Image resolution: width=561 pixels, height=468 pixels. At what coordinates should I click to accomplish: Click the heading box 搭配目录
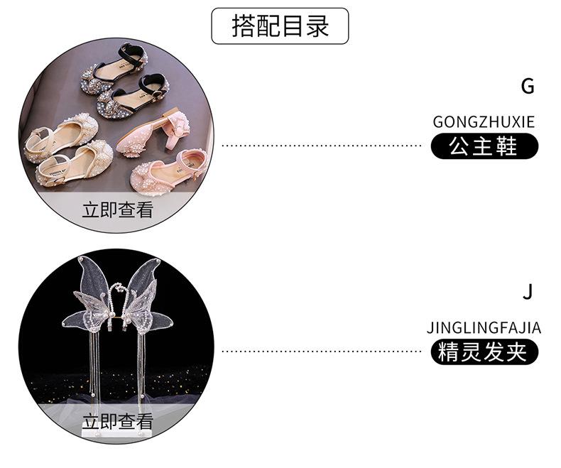point(280,26)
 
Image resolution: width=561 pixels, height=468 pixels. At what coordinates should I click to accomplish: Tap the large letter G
point(527,87)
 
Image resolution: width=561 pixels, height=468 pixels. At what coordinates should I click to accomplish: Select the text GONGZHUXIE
point(484,122)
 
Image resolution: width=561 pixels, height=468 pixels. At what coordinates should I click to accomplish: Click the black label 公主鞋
point(484,147)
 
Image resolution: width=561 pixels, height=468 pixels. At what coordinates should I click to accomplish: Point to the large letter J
point(527,292)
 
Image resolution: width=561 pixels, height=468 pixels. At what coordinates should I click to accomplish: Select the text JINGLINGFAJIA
point(484,328)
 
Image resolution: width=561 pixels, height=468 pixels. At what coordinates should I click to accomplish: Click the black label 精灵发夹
point(484,352)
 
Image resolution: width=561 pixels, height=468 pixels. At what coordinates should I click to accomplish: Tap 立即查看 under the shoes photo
point(118,210)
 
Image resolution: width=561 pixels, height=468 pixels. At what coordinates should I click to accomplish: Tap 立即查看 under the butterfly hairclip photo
point(118,421)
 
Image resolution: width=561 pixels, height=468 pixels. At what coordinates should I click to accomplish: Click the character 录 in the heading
point(317,26)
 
